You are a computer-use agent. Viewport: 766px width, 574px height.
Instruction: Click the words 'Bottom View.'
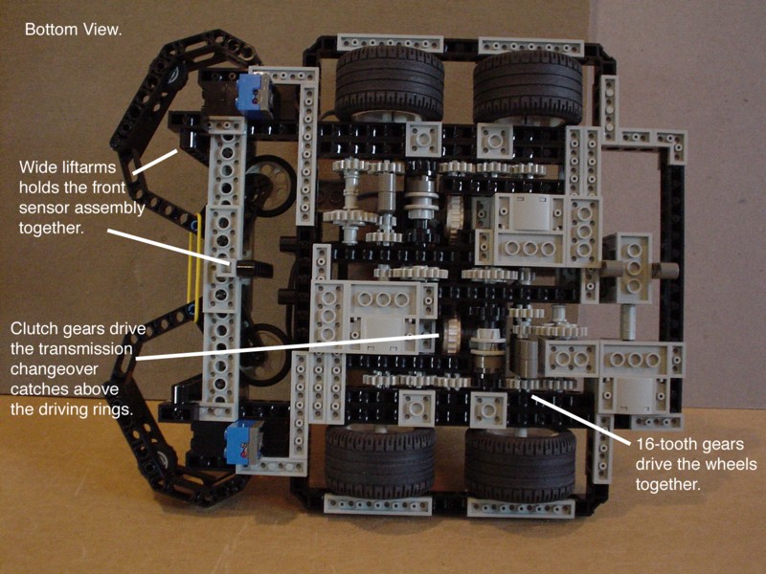(74, 30)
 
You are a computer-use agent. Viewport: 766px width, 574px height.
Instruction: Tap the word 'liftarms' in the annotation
(89, 167)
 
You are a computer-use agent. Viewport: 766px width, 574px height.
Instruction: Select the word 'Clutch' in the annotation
(33, 328)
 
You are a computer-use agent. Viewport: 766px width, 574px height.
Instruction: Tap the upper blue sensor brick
(255, 97)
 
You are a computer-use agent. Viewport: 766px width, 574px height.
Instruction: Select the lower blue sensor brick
(243, 443)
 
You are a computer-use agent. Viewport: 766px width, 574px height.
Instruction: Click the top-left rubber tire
(390, 84)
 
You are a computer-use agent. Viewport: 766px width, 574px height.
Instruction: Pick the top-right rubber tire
(528, 87)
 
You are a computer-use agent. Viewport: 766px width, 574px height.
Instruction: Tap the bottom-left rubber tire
(380, 462)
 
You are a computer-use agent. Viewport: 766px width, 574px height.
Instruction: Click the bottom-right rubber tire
(520, 464)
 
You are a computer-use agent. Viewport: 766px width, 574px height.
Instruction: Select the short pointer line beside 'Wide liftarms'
(155, 162)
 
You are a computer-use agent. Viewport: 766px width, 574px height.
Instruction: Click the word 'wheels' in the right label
(732, 465)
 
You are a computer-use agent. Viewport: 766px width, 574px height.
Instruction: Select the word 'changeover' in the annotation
(55, 369)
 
